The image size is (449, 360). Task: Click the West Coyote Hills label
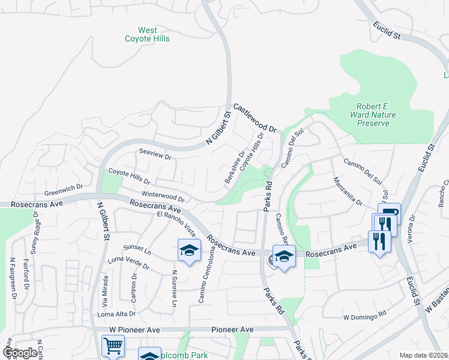click(x=147, y=35)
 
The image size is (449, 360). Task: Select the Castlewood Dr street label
click(x=255, y=118)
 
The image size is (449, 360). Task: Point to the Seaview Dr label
click(x=155, y=154)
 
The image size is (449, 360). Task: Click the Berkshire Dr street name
click(x=235, y=167)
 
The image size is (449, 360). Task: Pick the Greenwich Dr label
click(x=63, y=190)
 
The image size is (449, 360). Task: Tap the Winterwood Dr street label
click(x=162, y=196)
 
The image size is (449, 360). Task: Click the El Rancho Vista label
click(x=176, y=223)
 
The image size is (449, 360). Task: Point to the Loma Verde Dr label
click(x=128, y=262)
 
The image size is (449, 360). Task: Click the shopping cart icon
click(x=113, y=346)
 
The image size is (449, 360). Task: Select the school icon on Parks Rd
click(x=284, y=256)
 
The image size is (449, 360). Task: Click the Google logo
click(x=20, y=353)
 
